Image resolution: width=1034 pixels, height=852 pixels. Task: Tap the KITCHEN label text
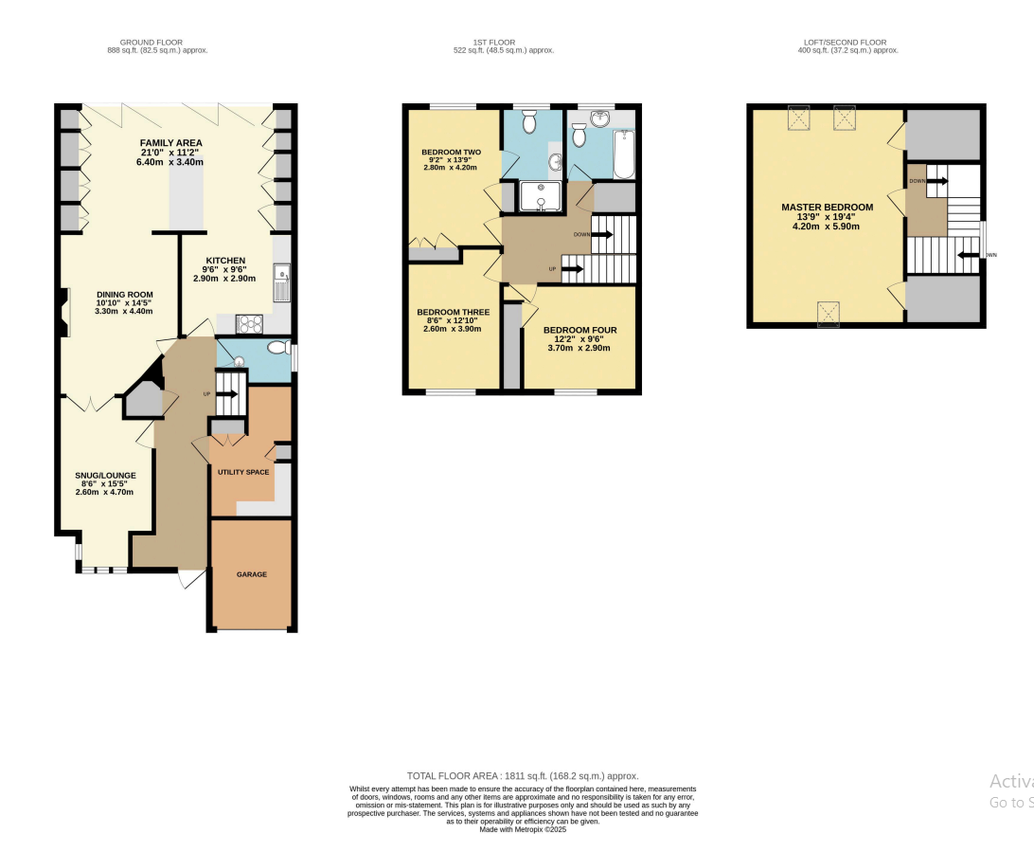[225, 260]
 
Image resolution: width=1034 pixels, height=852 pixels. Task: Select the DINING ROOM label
[123, 294]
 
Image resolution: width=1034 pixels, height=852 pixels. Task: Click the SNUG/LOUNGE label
[105, 476]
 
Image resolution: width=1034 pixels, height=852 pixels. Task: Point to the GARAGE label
[251, 574]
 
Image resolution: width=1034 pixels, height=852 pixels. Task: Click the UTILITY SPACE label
[243, 471]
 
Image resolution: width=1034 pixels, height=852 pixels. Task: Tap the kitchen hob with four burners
[249, 324]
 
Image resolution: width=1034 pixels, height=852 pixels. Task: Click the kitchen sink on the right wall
[282, 281]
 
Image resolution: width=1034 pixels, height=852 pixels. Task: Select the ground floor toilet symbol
[277, 348]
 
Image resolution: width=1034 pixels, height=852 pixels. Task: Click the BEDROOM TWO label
[452, 152]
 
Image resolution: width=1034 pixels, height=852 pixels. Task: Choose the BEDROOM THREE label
[453, 312]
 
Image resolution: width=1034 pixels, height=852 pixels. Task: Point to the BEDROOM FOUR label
[579, 331]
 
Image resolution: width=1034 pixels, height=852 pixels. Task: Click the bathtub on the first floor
[624, 154]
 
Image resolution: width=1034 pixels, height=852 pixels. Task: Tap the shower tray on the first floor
[541, 194]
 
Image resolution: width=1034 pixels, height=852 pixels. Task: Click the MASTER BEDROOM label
[827, 207]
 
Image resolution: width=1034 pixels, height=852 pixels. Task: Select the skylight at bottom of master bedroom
[828, 313]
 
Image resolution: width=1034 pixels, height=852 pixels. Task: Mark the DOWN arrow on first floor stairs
[602, 233]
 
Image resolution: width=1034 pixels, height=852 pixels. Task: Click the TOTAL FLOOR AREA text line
[522, 775]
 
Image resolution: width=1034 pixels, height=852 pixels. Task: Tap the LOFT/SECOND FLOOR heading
[847, 43]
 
